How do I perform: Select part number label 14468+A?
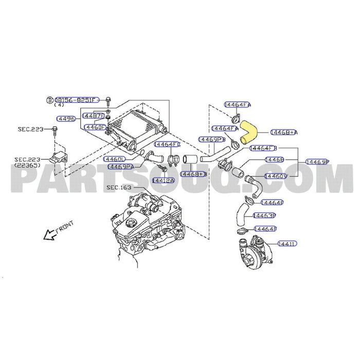[284, 132]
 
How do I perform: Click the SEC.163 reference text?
[119, 187]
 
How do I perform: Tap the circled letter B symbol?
[50, 100]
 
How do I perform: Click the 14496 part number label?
[66, 118]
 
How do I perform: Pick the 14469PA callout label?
[120, 166]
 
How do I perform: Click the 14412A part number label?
[163, 181]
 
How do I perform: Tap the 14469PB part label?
[212, 139]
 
